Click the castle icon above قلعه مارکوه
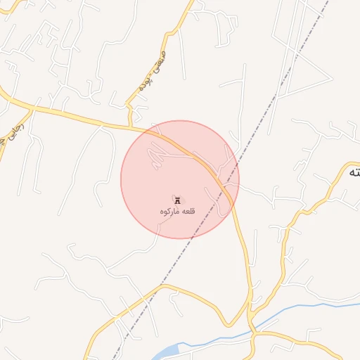[176, 200]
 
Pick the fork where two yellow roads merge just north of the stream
[250, 313]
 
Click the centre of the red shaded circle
[180, 180]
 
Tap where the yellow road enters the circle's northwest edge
[150, 129]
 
